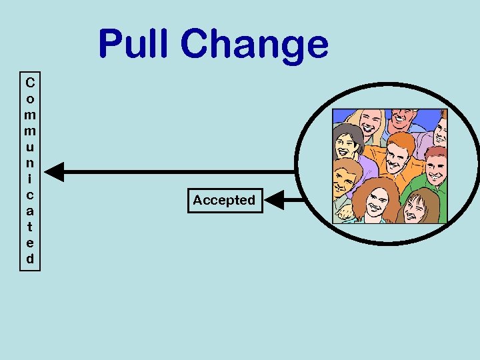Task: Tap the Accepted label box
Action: [225, 200]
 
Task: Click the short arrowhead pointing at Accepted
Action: [274, 199]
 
